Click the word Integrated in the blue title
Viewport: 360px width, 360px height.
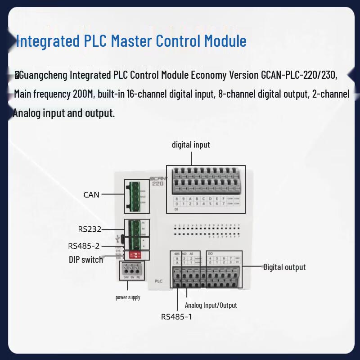(x=46, y=41)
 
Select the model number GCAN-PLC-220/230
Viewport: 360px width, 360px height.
(x=298, y=75)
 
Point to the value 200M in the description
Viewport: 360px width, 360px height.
(x=82, y=94)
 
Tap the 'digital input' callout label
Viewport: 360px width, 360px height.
(x=191, y=145)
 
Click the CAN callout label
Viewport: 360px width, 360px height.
(x=91, y=195)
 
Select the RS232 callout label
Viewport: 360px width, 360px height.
(x=90, y=229)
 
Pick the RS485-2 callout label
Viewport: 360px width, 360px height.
(x=84, y=246)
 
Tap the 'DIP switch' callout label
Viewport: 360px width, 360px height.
(x=85, y=260)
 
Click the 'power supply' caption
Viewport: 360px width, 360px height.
(x=128, y=297)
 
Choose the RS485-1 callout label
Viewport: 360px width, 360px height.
(x=176, y=317)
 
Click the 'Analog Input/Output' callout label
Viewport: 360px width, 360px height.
(x=211, y=305)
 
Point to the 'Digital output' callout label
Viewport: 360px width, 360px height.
(x=284, y=267)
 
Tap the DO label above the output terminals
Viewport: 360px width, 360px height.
(x=210, y=254)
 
